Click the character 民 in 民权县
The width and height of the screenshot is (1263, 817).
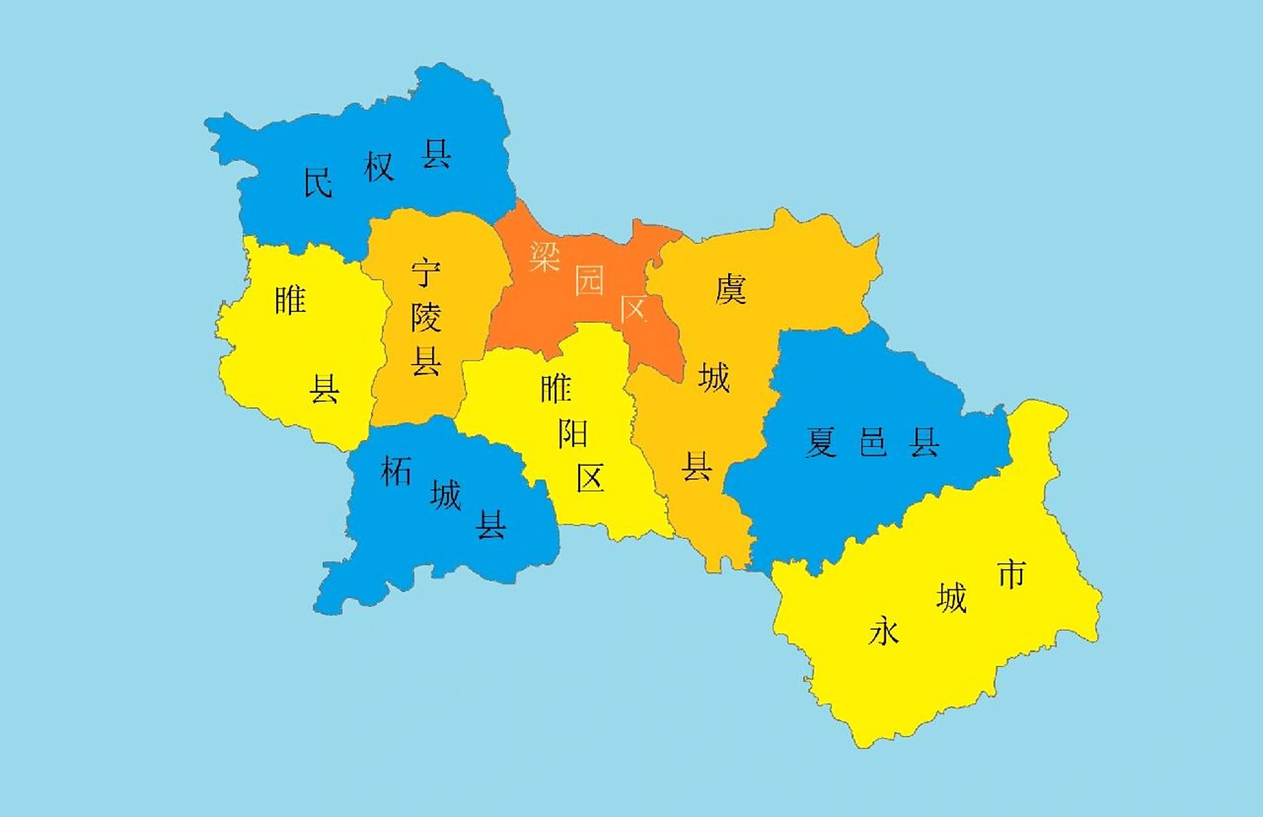[x=318, y=183]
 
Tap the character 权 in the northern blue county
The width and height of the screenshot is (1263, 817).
[x=379, y=167]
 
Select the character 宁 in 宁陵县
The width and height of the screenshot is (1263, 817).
[x=426, y=273]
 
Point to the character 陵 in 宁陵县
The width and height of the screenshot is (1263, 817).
[x=426, y=317]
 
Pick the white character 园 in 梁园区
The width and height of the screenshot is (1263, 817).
[x=589, y=281]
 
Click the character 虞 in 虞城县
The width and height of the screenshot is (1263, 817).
[x=731, y=289]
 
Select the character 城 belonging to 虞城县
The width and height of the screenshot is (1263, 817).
[x=714, y=377]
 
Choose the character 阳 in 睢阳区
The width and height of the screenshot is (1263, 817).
[x=572, y=434]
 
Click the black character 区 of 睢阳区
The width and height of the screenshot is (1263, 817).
[x=590, y=477]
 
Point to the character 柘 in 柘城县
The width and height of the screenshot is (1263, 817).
[x=396, y=472]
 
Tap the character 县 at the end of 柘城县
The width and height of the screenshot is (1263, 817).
[x=491, y=525]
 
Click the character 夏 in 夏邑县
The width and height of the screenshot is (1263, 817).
[x=821, y=442]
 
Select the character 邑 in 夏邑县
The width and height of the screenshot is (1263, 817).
[x=872, y=442]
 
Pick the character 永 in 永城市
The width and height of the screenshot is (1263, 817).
[x=884, y=631]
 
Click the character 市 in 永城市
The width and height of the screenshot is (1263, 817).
[x=1012, y=574]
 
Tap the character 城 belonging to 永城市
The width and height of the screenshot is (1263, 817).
[x=952, y=598]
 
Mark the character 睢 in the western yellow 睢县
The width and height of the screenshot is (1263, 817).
[x=290, y=300]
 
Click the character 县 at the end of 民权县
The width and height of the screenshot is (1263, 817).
[x=437, y=154]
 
